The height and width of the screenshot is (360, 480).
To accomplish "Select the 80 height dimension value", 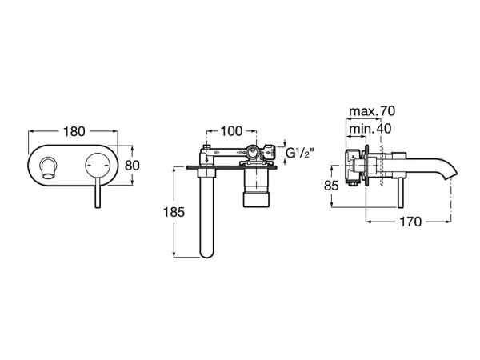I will pos(134,166).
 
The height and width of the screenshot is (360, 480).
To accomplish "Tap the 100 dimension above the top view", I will pos(230,130).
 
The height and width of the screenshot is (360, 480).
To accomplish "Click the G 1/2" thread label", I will pos(299,152).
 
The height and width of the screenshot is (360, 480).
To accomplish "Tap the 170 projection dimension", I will pos(409,222).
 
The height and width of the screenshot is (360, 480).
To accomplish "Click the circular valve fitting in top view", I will pos(255,152).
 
